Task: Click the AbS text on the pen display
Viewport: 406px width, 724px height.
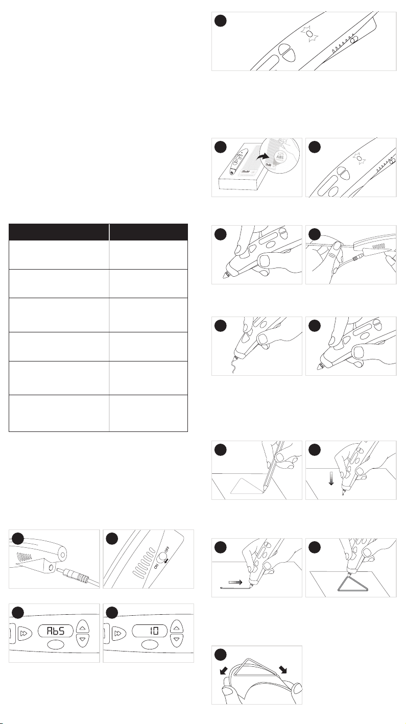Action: [56, 631]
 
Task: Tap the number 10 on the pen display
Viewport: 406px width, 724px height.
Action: [154, 631]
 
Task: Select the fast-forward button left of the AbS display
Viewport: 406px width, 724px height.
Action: [24, 634]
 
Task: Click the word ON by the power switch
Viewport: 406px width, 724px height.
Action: [156, 565]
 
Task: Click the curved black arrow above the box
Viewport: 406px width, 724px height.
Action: [262, 157]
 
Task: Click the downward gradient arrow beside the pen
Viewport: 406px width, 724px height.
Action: [331, 479]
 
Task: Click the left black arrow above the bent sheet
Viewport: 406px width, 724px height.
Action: [223, 671]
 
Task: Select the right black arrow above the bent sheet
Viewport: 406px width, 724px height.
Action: [283, 669]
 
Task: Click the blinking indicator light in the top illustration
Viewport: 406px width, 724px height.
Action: [309, 34]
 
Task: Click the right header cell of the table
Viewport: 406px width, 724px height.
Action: [149, 232]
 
